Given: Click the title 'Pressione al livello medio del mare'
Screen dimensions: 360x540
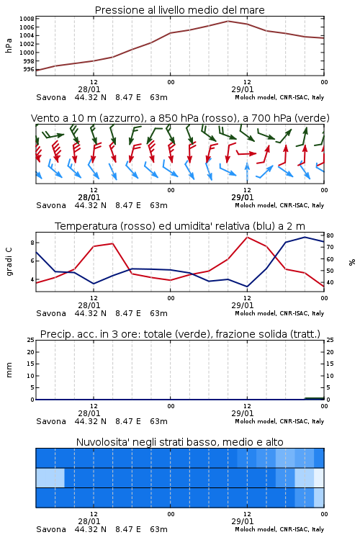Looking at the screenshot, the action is click(179, 10).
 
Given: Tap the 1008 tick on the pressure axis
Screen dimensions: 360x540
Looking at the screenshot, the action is click(27, 19).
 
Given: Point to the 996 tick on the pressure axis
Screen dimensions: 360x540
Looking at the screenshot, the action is click(29, 69).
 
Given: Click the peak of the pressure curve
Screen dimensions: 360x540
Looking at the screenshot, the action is click(228, 21).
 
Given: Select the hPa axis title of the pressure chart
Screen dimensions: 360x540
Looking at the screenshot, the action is click(9, 45).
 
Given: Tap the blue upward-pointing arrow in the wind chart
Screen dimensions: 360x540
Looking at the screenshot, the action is click(247, 172).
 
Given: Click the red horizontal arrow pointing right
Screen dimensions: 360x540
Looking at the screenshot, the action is click(246, 153).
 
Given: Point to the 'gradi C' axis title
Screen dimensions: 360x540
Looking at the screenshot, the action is click(9, 261).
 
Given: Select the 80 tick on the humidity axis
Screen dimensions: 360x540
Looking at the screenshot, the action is click(330, 235).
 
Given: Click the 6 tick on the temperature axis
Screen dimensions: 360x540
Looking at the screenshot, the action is click(32, 261).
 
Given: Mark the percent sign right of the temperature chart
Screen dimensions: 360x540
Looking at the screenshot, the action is click(352, 262).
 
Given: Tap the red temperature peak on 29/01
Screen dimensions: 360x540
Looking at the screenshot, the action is click(247, 237).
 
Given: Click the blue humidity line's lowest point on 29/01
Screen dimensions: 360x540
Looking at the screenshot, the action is click(247, 287).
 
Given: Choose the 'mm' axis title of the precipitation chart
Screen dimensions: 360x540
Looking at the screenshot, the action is click(9, 370).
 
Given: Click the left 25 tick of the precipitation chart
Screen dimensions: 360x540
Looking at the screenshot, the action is click(31, 340).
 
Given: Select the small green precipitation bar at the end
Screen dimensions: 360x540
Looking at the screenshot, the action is click(315, 398).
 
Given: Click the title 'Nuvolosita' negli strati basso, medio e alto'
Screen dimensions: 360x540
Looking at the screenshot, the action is click(179, 442).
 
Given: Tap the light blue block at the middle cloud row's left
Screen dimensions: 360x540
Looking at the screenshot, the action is click(50, 478).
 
